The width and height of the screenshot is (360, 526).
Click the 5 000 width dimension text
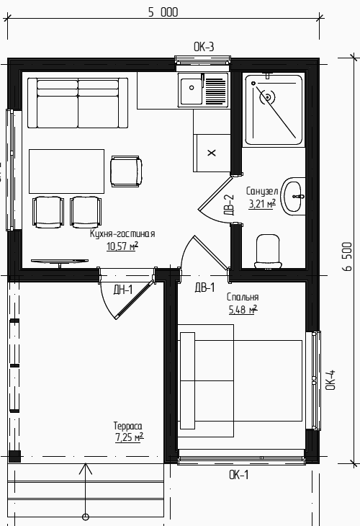coord(163,12)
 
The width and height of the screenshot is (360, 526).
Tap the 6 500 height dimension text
coord(348,257)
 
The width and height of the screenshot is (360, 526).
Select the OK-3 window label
coord(204,47)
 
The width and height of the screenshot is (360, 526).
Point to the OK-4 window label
coord(330,380)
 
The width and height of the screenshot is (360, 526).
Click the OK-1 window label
coord(238,475)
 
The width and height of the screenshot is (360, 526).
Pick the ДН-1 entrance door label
coord(123,290)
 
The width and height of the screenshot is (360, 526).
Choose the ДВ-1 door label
coord(204,287)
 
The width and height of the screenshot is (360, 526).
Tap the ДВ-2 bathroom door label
coord(229,205)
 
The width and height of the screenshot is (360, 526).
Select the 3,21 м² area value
coord(262,203)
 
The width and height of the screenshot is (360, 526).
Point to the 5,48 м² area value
coord(243,309)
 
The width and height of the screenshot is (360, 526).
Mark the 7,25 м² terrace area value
coord(130,437)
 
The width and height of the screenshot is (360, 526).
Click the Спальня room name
coord(243,297)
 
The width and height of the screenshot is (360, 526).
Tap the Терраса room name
coord(127,426)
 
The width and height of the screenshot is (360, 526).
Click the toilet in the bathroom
coord(268,251)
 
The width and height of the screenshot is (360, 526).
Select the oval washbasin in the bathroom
coord(293,196)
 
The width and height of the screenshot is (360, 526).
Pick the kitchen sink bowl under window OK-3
coord(192,91)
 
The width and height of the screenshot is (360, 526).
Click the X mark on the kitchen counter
coord(212,153)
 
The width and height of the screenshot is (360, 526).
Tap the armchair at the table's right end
coord(126,171)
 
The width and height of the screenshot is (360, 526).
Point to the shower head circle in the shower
coord(268,97)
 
